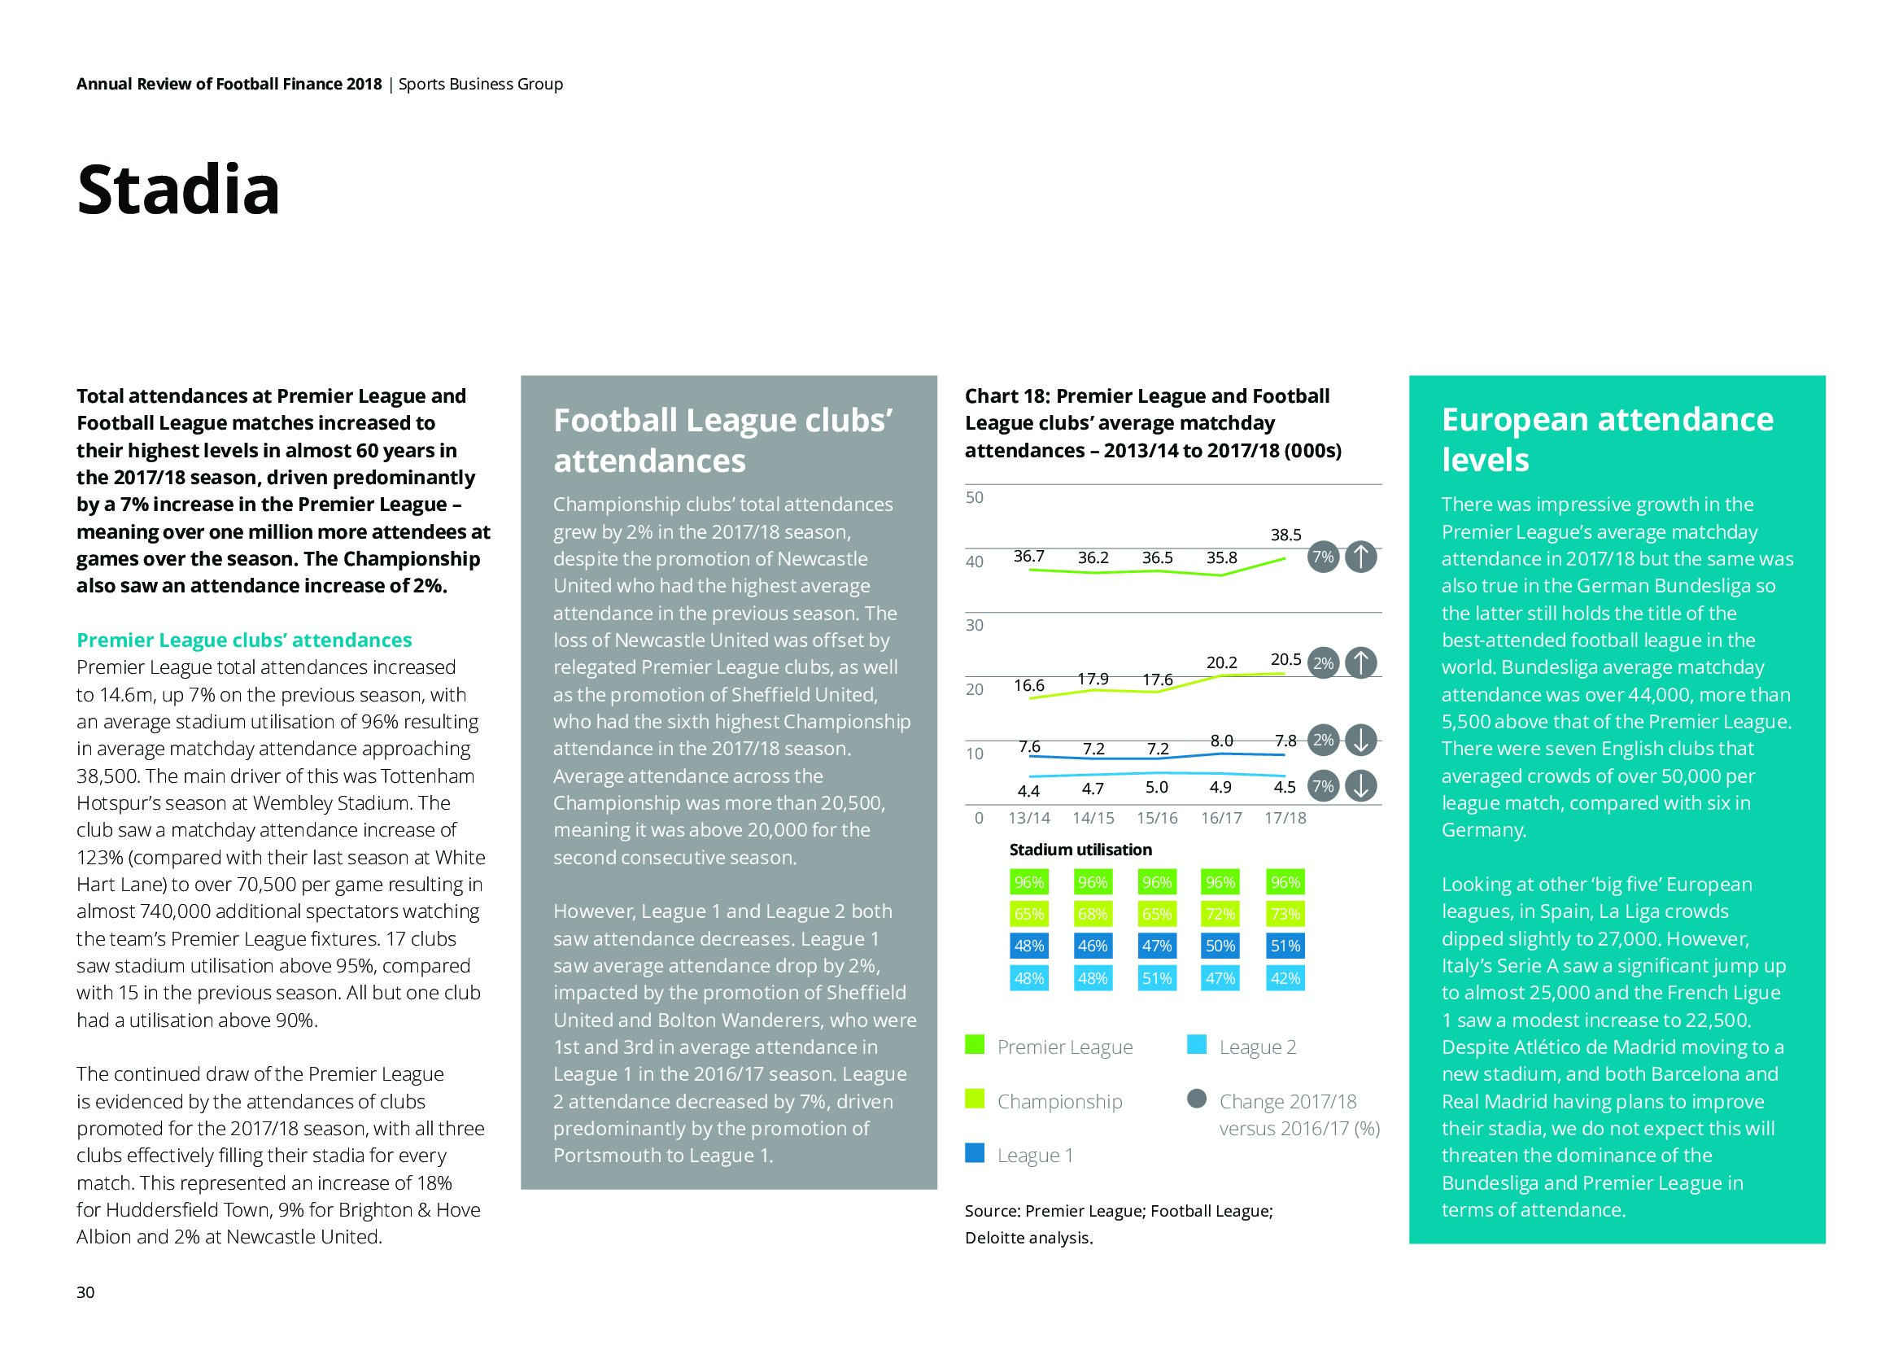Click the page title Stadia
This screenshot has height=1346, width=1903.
tap(178, 190)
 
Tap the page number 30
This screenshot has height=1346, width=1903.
tap(85, 1292)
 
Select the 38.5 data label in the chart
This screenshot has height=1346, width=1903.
tap(1285, 535)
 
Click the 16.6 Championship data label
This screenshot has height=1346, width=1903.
tap(1028, 685)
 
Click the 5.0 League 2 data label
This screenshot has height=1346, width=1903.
tap(1156, 788)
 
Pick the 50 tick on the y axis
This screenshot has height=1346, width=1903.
tap(975, 497)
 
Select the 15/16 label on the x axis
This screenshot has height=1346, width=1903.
tap(1156, 818)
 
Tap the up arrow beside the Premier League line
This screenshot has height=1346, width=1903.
tap(1360, 557)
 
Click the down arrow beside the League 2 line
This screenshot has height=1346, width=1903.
tap(1360, 787)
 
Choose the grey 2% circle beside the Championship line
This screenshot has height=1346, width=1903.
tap(1324, 663)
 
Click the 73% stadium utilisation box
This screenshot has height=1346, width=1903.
tap(1285, 914)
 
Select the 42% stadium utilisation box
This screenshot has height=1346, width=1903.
tap(1285, 978)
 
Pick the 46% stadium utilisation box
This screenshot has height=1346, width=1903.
tap(1093, 946)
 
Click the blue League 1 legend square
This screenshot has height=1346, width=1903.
tap(975, 1153)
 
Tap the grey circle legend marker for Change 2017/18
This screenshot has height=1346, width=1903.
tap(1196, 1099)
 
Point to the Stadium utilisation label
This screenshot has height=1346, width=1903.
tap(1080, 850)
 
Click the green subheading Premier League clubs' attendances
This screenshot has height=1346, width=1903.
tap(244, 640)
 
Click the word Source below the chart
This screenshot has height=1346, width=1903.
tap(991, 1211)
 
